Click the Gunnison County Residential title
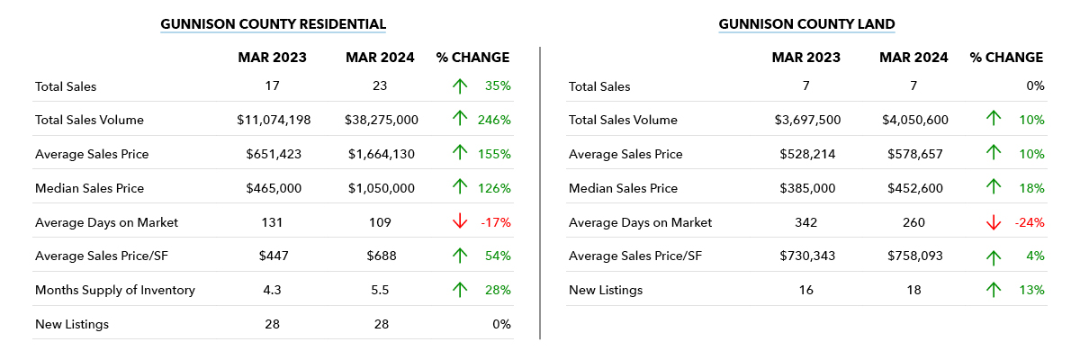(x=273, y=24)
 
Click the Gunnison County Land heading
(x=806, y=24)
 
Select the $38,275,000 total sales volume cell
(x=381, y=120)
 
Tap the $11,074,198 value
(x=274, y=120)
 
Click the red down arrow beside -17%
(x=460, y=222)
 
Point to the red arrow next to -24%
(x=994, y=222)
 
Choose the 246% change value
(x=495, y=120)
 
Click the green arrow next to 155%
(x=460, y=154)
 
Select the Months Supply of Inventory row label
(x=115, y=290)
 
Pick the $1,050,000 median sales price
(x=381, y=188)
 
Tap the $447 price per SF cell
(x=274, y=256)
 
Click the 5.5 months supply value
(x=381, y=290)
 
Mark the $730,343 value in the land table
(x=806, y=256)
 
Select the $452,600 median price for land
(x=914, y=188)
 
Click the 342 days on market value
(x=806, y=222)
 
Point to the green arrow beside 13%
(x=994, y=290)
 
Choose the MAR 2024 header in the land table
(x=914, y=58)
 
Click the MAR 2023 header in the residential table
(x=273, y=58)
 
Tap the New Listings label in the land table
(x=606, y=290)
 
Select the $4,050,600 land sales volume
(x=914, y=120)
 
